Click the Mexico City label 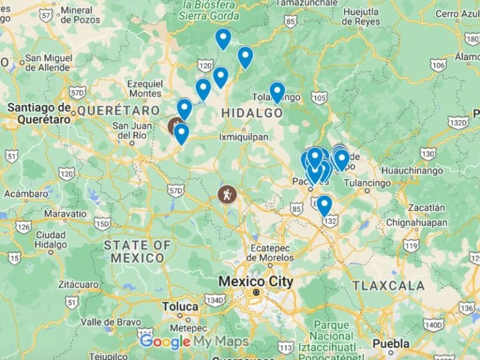pos(255,282)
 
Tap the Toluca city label pos(180,307)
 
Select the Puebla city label pos(391,344)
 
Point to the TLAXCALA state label pos(383,286)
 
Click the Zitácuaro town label pos(78,284)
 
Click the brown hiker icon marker pos(227,194)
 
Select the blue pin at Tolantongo pos(277,92)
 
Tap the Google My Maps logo pos(194,342)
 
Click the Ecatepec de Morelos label pos(270,252)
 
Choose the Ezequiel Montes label pos(144,88)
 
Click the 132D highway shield pos(458,122)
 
